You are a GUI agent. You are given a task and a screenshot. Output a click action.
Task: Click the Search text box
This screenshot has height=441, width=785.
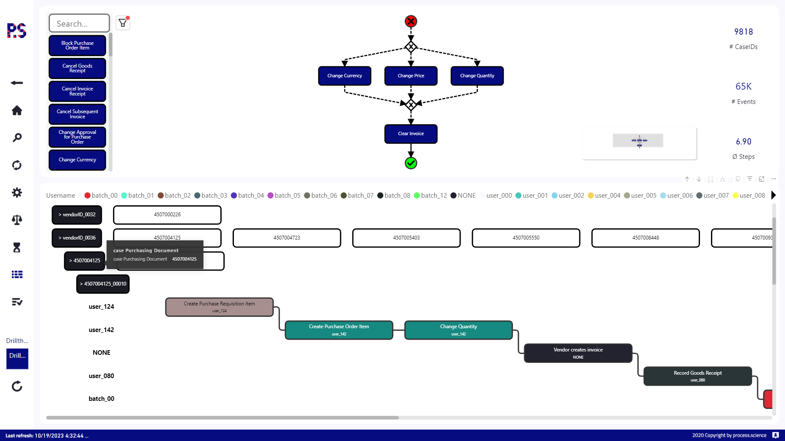click(x=79, y=24)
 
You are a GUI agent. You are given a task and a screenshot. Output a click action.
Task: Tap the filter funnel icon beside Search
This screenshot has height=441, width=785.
click(x=123, y=23)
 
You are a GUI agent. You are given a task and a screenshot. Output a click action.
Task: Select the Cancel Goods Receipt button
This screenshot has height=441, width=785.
click(x=77, y=68)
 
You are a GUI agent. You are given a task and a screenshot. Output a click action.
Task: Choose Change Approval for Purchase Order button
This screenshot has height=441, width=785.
click(x=77, y=137)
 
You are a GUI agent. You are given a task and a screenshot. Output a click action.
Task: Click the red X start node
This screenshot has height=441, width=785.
click(x=411, y=21)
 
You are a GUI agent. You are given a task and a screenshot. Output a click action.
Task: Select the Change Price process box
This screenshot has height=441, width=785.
click(x=411, y=76)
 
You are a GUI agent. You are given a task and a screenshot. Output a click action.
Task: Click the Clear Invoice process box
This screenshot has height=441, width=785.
click(x=411, y=134)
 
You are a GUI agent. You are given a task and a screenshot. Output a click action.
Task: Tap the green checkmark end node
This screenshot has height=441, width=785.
click(x=411, y=163)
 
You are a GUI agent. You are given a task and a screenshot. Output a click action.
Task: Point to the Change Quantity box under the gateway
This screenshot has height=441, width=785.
click(x=477, y=76)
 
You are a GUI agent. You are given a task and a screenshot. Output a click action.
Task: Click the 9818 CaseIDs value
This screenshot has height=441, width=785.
click(x=743, y=32)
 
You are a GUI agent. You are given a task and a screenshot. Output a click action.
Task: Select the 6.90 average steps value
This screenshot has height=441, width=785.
click(x=743, y=142)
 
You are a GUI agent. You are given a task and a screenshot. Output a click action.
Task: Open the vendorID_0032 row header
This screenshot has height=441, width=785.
click(x=77, y=215)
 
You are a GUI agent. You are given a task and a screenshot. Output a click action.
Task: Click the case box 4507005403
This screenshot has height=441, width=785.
click(x=406, y=238)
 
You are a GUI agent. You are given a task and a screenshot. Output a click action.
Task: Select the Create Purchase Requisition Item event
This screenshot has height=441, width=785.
click(x=219, y=307)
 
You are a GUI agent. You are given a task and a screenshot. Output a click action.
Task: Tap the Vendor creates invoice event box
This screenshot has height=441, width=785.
click(x=578, y=353)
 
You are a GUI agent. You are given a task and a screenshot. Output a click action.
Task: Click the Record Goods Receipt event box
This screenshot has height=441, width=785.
click(x=697, y=376)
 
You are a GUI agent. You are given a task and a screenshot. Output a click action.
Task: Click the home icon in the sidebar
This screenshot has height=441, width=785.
click(x=17, y=111)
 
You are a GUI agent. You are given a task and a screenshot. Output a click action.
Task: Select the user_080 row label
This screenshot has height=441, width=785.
click(x=102, y=376)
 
